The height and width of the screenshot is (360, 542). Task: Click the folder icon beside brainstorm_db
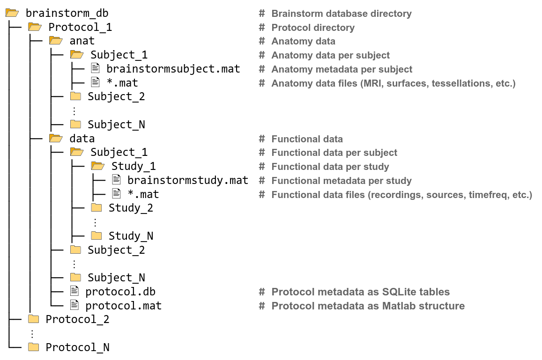pos(12,13)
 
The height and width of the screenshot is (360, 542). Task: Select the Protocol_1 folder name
pos(80,27)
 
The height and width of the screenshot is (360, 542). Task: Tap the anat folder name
pos(82,41)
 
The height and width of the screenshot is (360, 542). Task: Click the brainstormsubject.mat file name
pos(173,69)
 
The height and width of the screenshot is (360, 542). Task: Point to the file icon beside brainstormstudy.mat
pos(116,180)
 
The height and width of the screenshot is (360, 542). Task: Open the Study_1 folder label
pos(134,166)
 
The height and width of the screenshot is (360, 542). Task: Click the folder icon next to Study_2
pos(96,207)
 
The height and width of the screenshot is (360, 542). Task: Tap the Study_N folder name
pos(131,235)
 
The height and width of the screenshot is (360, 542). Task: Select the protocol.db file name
pos(120,292)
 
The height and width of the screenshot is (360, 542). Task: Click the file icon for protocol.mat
pos(74,305)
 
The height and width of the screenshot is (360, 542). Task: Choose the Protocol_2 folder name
pos(77,319)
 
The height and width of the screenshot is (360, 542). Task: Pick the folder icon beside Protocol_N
pos(33,347)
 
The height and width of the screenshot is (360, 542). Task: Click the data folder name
pos(82,139)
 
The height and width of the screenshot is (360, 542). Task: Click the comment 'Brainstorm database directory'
pos(342,14)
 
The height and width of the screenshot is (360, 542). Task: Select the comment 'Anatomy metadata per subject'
pos(342,69)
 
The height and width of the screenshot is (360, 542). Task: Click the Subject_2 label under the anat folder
pos(116,96)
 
